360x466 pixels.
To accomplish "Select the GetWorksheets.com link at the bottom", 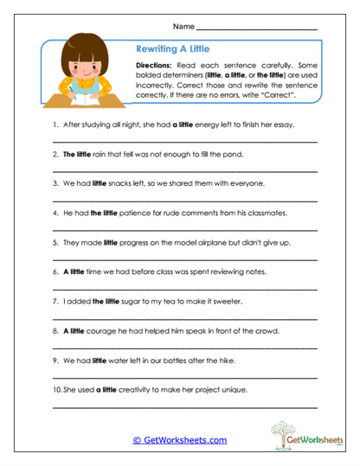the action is pos(179,439).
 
